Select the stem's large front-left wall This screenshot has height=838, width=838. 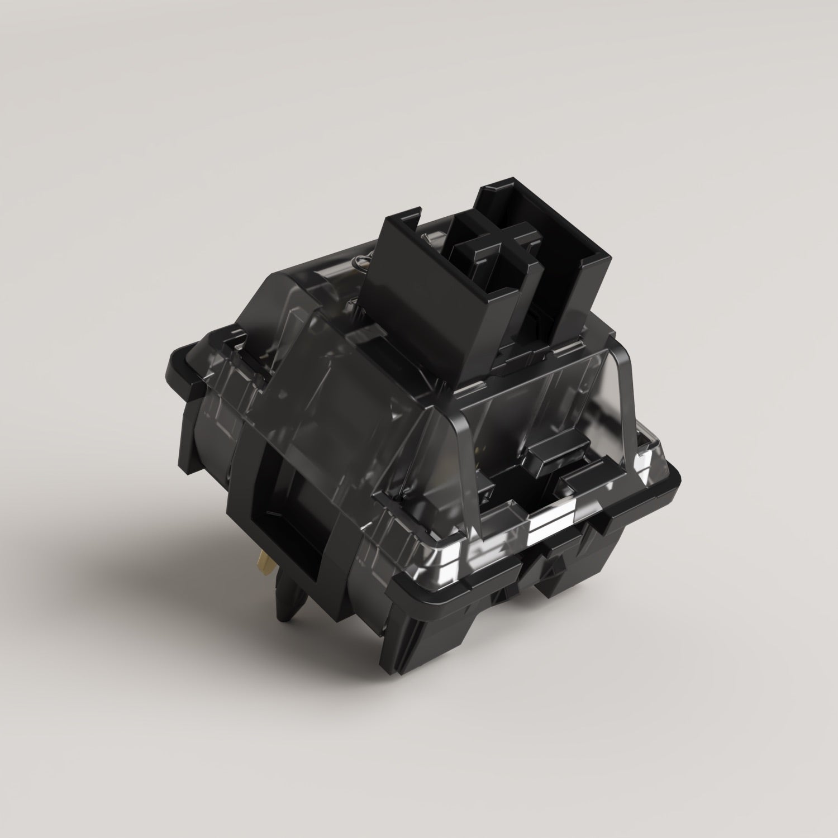[416, 296]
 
